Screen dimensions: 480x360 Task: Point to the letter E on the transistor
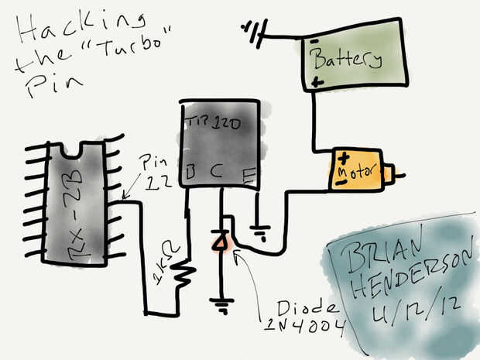249,176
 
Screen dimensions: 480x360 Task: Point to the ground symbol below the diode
223,306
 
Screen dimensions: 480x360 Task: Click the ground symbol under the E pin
261,230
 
